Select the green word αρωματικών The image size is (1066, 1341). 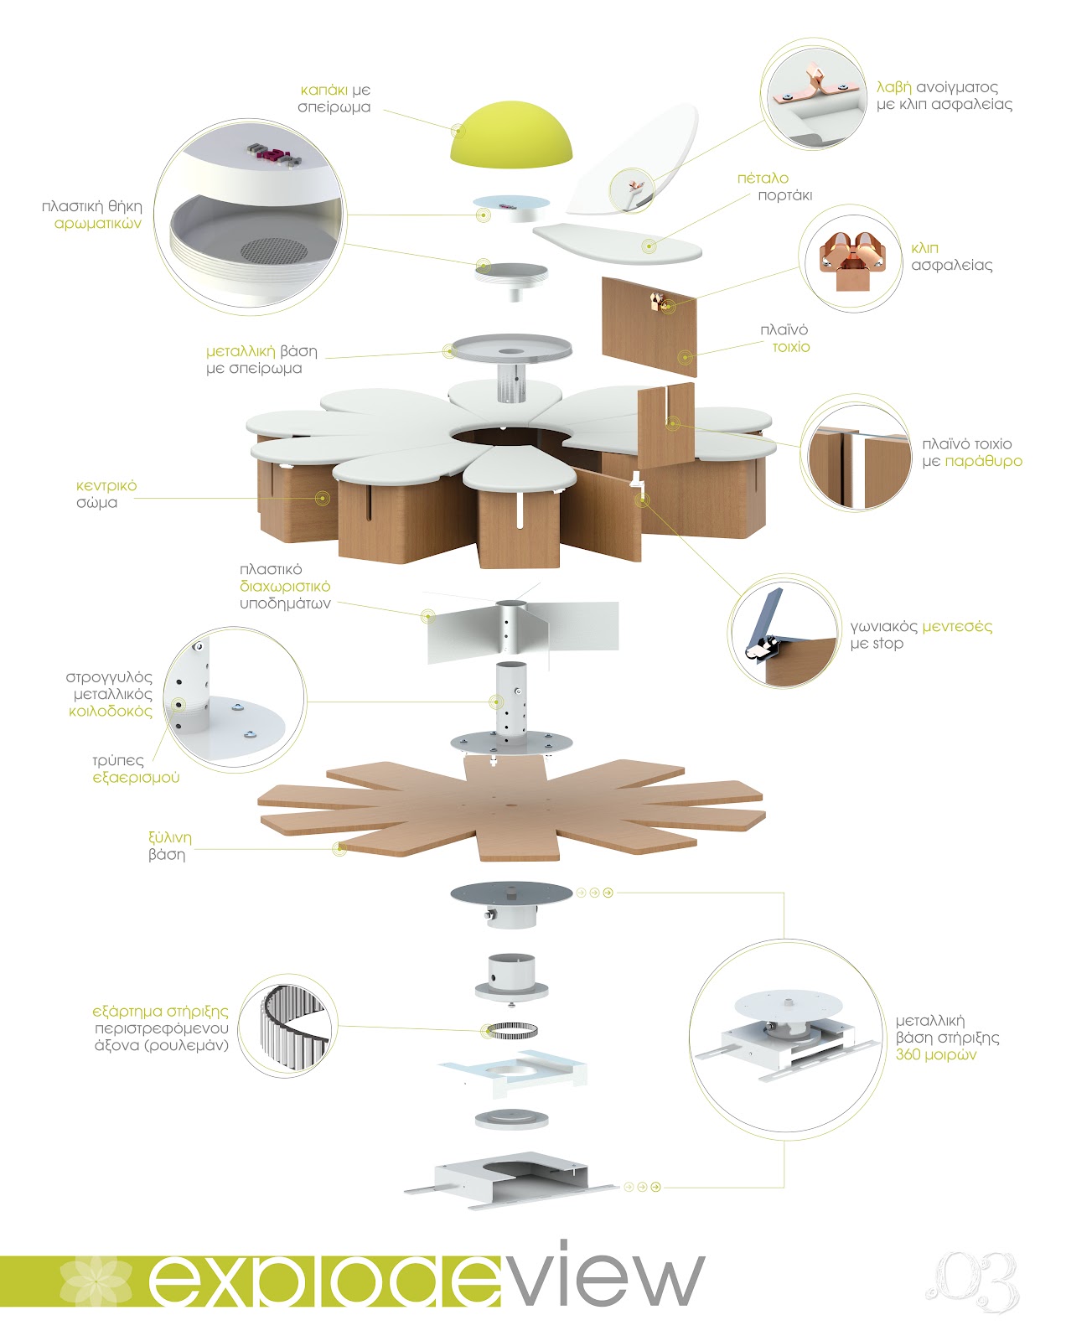coord(98,224)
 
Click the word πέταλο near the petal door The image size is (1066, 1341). coord(763,178)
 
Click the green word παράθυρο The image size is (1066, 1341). coord(983,461)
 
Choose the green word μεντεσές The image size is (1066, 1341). coord(957,626)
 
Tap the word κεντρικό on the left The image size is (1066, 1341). coord(106,486)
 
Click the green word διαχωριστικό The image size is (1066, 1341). coord(285,587)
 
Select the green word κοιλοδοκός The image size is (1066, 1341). coord(111,712)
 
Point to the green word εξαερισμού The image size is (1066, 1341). coord(136,778)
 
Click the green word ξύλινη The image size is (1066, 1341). coord(169,837)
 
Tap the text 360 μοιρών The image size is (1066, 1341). coord(936,1054)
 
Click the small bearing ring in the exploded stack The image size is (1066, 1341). coord(510,1030)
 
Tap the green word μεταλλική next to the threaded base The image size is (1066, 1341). coord(241,351)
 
